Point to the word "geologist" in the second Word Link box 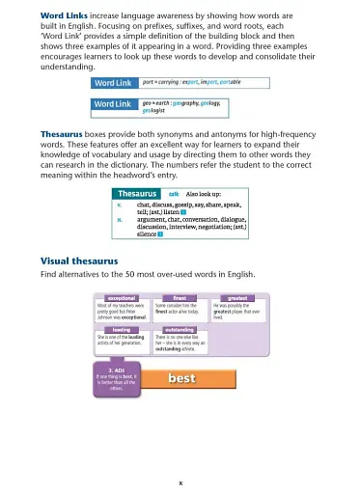155,109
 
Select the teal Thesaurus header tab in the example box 127,194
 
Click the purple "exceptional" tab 121,297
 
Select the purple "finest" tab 179,297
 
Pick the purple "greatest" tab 236,297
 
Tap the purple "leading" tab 121,329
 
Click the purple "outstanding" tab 179,329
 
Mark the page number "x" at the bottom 180,481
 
